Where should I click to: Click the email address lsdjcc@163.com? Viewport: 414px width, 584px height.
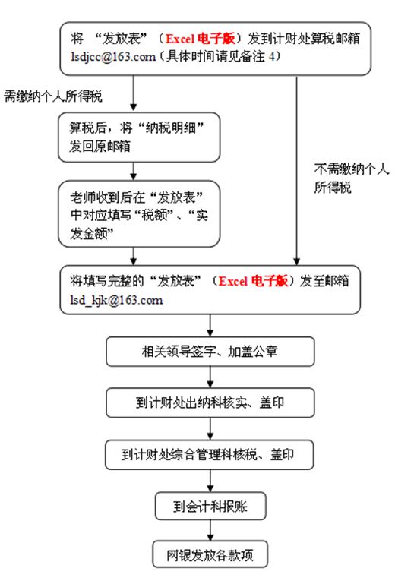(x=113, y=57)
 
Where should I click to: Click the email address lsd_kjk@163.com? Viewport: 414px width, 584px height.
(x=116, y=300)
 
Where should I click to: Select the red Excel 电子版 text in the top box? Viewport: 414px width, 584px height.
(x=201, y=39)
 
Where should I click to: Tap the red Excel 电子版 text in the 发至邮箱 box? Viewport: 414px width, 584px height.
(x=253, y=281)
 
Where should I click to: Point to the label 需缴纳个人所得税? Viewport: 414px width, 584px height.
(x=53, y=96)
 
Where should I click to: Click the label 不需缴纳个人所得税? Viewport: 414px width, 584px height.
(x=352, y=178)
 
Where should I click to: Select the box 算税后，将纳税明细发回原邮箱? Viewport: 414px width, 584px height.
(x=139, y=137)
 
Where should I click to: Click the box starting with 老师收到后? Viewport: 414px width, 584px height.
(x=139, y=214)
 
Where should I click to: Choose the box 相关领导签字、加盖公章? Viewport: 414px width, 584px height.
(x=210, y=352)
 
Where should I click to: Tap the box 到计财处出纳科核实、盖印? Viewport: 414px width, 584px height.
(x=210, y=402)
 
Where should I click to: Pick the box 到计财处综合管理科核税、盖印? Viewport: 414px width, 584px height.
(x=210, y=455)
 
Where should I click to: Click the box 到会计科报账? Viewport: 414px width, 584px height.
(x=210, y=506)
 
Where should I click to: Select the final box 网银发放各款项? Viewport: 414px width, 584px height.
(x=210, y=554)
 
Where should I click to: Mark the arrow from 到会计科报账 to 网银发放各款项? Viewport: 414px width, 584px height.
(x=210, y=530)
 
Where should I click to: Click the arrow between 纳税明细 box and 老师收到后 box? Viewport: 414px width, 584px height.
(x=134, y=172)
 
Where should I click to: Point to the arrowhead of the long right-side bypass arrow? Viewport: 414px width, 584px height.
(x=296, y=261)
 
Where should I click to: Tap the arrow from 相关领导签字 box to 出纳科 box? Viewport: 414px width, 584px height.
(x=210, y=377)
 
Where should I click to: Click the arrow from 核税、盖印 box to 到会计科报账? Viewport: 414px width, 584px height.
(x=210, y=481)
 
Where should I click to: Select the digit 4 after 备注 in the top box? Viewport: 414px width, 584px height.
(x=272, y=57)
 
